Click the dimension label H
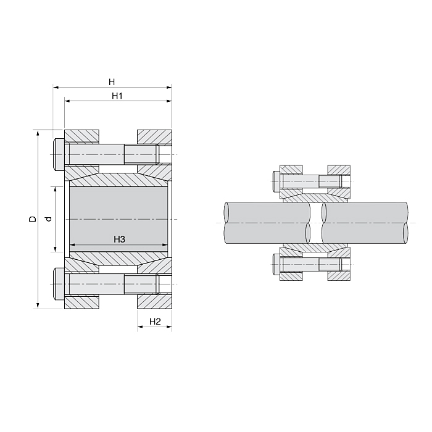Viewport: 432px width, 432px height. click(x=112, y=82)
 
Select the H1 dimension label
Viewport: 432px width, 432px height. click(x=117, y=96)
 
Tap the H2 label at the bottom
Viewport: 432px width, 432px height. click(x=155, y=322)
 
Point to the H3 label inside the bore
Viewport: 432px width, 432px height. click(x=119, y=239)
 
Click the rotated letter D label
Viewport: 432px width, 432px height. click(x=33, y=218)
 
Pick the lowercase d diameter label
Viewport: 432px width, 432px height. click(x=49, y=219)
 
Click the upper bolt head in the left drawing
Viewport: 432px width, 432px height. click(x=59, y=154)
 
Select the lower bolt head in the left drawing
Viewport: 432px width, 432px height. click(x=59, y=284)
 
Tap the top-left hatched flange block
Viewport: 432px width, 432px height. click(x=81, y=136)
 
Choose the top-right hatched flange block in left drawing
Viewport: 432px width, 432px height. click(x=154, y=136)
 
